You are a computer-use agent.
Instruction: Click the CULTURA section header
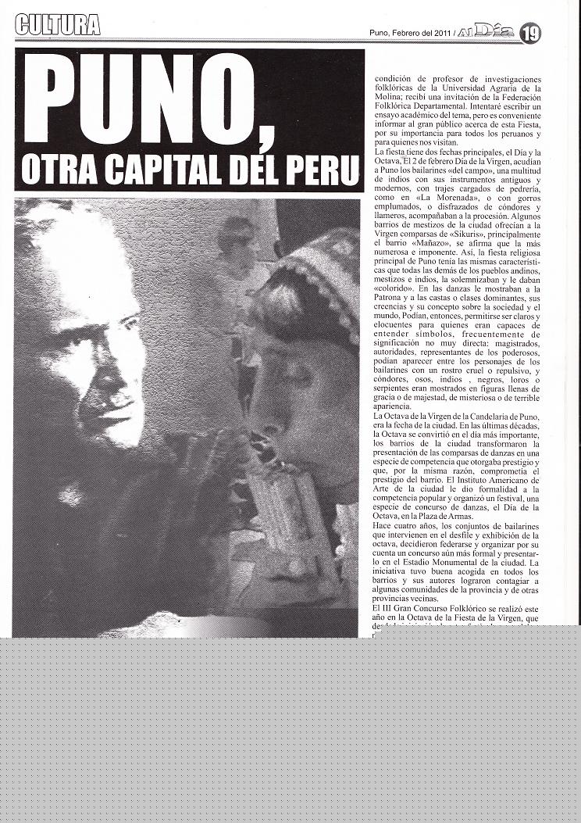point(57,25)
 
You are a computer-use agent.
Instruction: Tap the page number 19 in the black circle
point(531,33)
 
